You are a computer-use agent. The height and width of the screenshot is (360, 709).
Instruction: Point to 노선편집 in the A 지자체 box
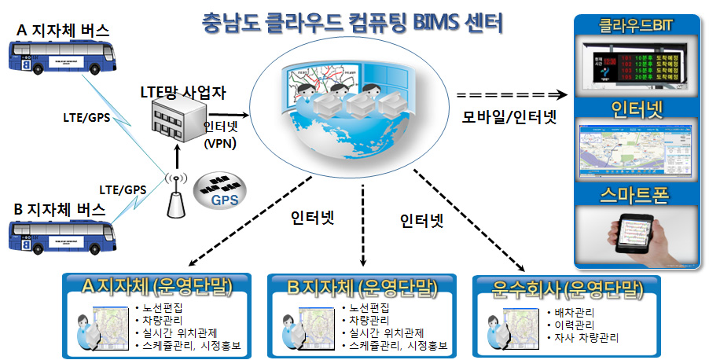pos(160,307)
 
